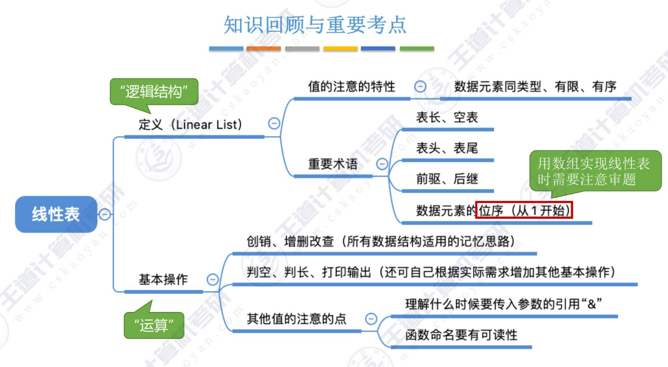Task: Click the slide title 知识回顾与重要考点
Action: (315, 25)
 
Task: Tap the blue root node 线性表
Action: (56, 214)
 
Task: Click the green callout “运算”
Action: (154, 325)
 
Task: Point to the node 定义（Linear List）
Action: (190, 125)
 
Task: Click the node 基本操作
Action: (163, 280)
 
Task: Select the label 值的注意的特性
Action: (352, 87)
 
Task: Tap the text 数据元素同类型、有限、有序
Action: (535, 87)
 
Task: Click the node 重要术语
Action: (333, 165)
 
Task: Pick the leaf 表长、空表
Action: (447, 118)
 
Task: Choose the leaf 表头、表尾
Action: (447, 148)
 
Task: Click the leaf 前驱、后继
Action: (447, 179)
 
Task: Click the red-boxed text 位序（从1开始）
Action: (524, 211)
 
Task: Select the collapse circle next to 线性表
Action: (104, 214)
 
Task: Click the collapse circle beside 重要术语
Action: (382, 165)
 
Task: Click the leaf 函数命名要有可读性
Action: (461, 335)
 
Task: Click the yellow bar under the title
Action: (340, 48)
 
